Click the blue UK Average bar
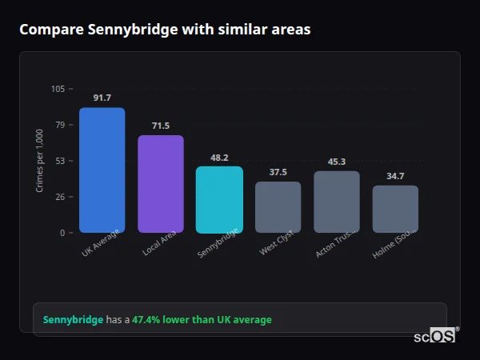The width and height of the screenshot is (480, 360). click(x=102, y=170)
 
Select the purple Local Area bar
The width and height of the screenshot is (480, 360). click(x=161, y=184)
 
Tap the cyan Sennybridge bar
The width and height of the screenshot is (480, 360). click(x=219, y=200)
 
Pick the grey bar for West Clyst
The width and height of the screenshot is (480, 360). click(x=278, y=207)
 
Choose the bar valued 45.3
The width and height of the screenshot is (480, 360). click(x=337, y=202)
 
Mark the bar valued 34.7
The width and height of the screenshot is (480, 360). click(x=395, y=209)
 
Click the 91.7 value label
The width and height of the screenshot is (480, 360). click(x=102, y=98)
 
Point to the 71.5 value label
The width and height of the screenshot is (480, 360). click(x=161, y=126)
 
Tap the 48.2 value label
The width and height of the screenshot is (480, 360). click(x=219, y=158)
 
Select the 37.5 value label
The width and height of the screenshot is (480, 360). click(x=278, y=172)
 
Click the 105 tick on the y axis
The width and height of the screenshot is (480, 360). click(x=58, y=89)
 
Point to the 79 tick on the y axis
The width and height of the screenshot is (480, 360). click(x=60, y=125)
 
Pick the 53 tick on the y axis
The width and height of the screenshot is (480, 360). click(x=60, y=161)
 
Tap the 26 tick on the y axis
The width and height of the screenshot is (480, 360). click(x=60, y=197)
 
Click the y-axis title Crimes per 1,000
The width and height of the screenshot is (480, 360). click(x=39, y=161)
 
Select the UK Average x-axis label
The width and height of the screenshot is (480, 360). click(x=100, y=245)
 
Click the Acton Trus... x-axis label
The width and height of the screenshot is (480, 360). click(x=334, y=245)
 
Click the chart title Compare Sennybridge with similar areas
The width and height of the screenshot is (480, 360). click(x=165, y=30)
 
